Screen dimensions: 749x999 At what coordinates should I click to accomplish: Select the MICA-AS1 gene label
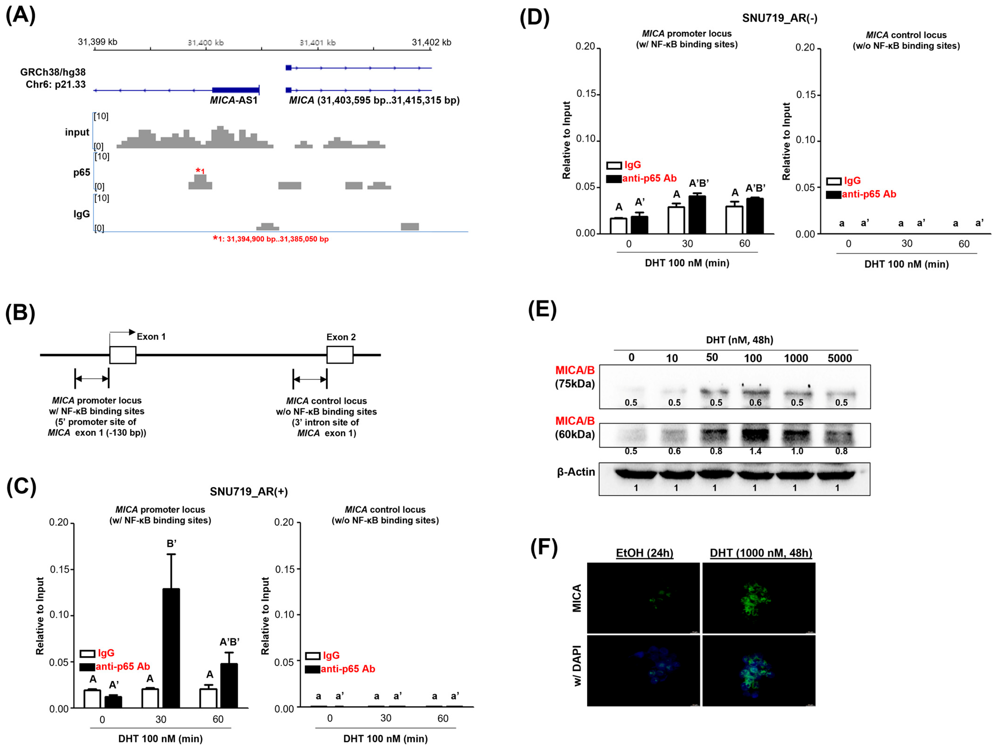click(234, 100)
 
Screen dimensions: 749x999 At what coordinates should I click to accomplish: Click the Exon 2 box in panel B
click(340, 355)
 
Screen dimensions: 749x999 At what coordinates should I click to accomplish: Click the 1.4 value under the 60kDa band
click(755, 451)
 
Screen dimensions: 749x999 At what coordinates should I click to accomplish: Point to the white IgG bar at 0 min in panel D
click(618, 225)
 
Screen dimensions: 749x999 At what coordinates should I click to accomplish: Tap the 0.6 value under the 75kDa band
click(755, 403)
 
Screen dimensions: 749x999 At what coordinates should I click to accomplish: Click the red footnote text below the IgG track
click(271, 239)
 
